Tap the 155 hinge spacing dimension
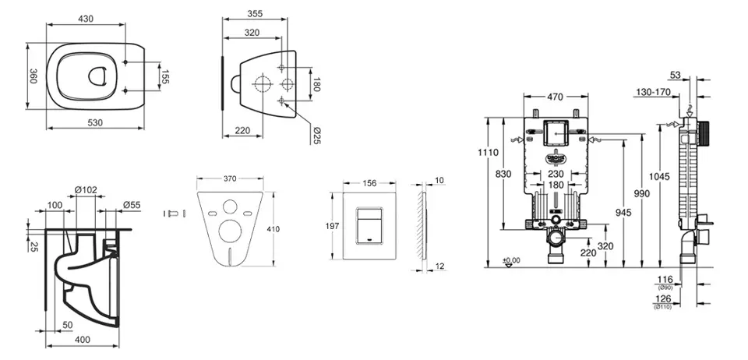[164, 76]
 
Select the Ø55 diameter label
[132, 205]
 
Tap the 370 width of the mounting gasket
[230, 178]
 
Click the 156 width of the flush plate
[371, 182]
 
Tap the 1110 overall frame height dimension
[488, 153]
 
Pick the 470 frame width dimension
[556, 97]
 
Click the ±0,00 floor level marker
[511, 260]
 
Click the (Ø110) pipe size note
[664, 308]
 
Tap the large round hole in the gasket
[230, 231]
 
